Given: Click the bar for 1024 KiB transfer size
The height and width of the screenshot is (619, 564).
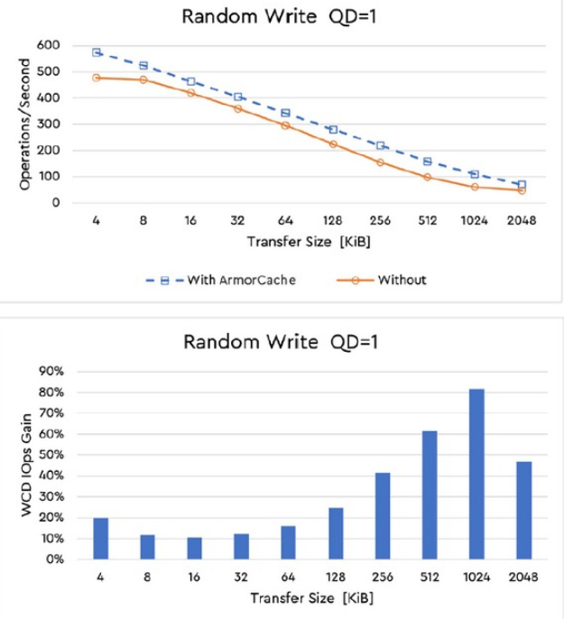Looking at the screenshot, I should (476, 475).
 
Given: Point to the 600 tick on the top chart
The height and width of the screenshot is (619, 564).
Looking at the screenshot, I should (48, 45).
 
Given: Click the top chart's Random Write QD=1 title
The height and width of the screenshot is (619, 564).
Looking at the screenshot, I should (282, 16).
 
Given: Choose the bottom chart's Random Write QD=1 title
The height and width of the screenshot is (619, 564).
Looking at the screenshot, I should (282, 342).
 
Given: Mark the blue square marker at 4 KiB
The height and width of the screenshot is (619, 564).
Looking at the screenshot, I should (96, 52).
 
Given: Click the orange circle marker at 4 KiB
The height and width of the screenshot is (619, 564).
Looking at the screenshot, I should (96, 78).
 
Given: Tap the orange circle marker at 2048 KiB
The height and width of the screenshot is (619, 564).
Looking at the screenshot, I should (522, 190).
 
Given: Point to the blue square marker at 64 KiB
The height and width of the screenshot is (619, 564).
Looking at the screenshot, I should (285, 113).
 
